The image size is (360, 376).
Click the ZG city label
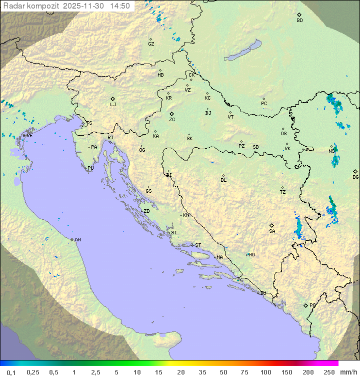(172, 120)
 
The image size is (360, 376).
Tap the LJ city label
(113, 105)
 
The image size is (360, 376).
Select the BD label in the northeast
(299, 21)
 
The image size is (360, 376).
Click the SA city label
(272, 231)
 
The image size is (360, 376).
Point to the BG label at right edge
(355, 177)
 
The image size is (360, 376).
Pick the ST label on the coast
(198, 245)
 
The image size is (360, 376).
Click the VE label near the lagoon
(29, 136)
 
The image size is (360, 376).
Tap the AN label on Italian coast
(77, 240)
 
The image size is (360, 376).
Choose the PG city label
(312, 305)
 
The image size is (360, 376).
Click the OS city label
(283, 134)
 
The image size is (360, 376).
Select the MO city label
(251, 255)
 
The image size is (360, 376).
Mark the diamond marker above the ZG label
(171, 114)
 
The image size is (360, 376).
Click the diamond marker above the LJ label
(113, 99)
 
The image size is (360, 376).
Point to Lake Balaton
(243, 51)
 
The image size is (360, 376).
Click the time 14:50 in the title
(120, 6)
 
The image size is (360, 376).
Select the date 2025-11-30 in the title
(84, 6)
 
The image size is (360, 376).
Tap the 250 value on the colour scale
(329, 372)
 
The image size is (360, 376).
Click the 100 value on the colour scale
(265, 372)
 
